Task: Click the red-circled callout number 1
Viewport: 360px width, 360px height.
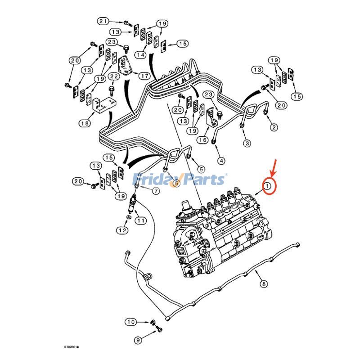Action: pyautogui.click(x=268, y=186)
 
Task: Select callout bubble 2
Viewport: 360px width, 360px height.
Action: pyautogui.click(x=274, y=127)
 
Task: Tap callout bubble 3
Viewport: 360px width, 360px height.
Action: pyautogui.click(x=247, y=143)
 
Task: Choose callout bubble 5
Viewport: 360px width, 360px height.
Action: pyautogui.click(x=201, y=169)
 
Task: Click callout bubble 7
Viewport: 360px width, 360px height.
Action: pyautogui.click(x=156, y=191)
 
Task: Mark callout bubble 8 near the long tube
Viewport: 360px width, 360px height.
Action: pyautogui.click(x=263, y=284)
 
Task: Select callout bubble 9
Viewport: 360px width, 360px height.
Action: pyautogui.click(x=138, y=340)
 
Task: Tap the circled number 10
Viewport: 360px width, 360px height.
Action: pyautogui.click(x=130, y=322)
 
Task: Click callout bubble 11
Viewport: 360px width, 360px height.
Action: pyautogui.click(x=141, y=220)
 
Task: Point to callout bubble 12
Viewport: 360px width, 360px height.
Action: pyautogui.click(x=122, y=230)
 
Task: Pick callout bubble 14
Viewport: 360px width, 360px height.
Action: pyautogui.click(x=142, y=55)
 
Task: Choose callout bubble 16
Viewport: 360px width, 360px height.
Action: pyautogui.click(x=202, y=140)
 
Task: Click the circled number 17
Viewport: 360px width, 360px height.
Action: pyautogui.click(x=144, y=76)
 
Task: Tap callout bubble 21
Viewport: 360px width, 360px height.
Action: pyautogui.click(x=103, y=21)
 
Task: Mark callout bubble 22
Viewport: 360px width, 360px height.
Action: pyautogui.click(x=114, y=77)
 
